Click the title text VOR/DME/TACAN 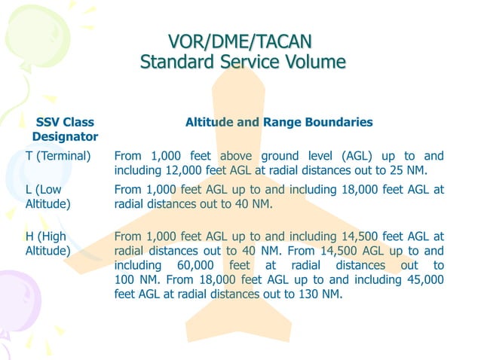(x=240, y=41)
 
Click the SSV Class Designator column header (x=65, y=129)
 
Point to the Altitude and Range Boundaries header (x=279, y=121)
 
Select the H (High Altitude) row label (x=43, y=243)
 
